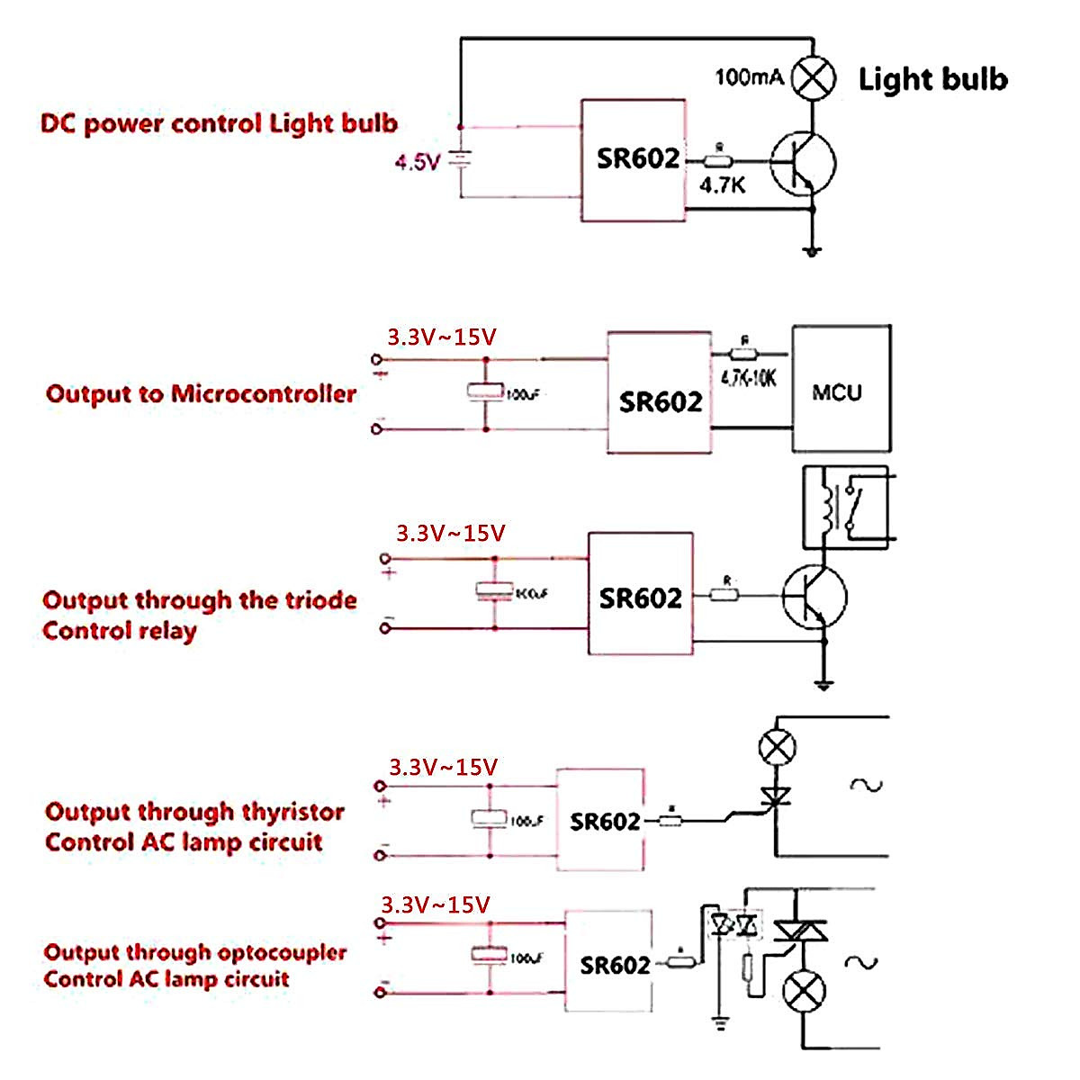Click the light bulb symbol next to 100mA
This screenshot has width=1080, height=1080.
coord(814,78)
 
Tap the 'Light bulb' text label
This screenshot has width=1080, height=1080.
coord(932,79)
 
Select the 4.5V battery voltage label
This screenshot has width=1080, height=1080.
coord(417,163)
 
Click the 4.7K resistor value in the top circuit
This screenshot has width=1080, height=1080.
coord(723,185)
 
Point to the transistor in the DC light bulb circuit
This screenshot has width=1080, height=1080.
coord(804,164)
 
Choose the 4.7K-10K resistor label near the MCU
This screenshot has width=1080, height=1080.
coord(748,377)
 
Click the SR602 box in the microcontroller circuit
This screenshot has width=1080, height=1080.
coord(660,392)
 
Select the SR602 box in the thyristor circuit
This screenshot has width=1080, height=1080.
coord(600,820)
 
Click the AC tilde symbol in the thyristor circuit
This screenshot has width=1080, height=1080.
coord(866,785)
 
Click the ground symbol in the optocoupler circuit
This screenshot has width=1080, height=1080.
coord(719,1021)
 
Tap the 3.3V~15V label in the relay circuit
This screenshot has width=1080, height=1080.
coord(450,533)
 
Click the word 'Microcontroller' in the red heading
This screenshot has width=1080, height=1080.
coord(264,393)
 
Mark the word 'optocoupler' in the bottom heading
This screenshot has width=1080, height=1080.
coord(282,951)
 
